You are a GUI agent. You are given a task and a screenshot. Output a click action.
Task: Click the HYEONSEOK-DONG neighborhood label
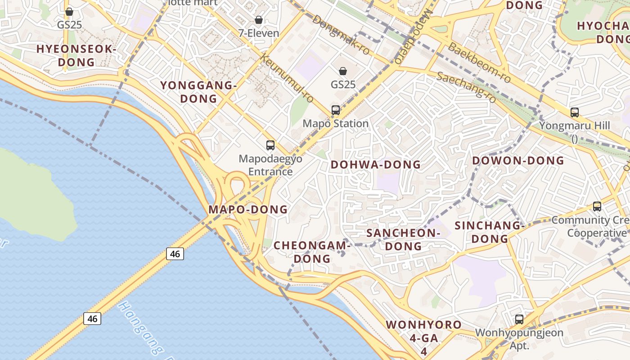pyautogui.click(x=76, y=55)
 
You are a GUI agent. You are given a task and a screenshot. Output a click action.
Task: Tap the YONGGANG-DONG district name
pyautogui.click(x=198, y=92)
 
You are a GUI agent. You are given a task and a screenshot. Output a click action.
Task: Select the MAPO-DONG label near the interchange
pyautogui.click(x=248, y=209)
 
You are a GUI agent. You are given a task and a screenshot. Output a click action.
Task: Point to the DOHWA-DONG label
pyautogui.click(x=376, y=165)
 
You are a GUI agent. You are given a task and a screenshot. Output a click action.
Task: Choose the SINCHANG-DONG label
pyautogui.click(x=490, y=232)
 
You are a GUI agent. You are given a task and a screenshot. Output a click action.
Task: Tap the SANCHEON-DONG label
pyautogui.click(x=403, y=239)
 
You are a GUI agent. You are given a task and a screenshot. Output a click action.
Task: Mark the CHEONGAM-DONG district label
pyautogui.click(x=312, y=252)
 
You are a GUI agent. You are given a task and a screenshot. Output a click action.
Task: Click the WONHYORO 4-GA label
pyautogui.click(x=423, y=331)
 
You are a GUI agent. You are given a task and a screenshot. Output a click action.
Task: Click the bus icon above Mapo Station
pyautogui.click(x=336, y=110)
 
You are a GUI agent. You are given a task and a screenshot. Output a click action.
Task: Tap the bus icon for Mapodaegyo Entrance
pyautogui.click(x=270, y=145)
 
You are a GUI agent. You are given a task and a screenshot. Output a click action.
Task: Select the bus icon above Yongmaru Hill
pyautogui.click(x=575, y=112)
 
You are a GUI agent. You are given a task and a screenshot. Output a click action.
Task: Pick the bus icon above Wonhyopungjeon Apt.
pyautogui.click(x=519, y=319)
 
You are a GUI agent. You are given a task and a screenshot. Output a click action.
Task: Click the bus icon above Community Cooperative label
pyautogui.click(x=597, y=207)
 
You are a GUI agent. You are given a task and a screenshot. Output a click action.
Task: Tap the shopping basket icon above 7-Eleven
pyautogui.click(x=259, y=20)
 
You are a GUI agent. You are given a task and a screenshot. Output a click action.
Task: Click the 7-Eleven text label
pyautogui.click(x=259, y=33)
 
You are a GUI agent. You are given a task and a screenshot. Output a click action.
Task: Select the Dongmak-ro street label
pyautogui.click(x=341, y=35)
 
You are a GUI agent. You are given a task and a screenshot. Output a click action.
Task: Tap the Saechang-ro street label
pyautogui.click(x=467, y=86)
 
